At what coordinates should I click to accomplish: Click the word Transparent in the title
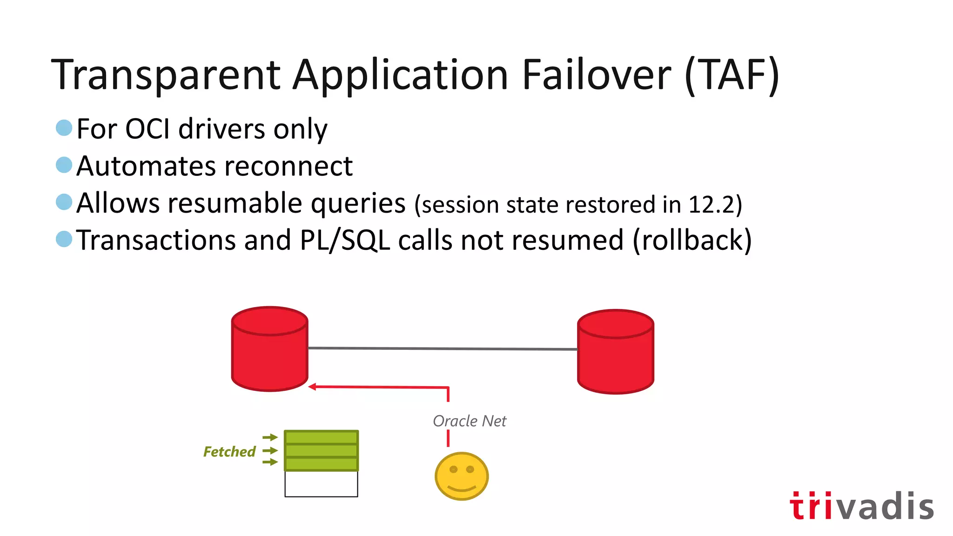click(165, 75)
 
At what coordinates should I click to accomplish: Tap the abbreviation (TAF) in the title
click(732, 75)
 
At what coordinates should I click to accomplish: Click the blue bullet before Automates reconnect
click(64, 165)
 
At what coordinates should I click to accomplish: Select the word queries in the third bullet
click(358, 204)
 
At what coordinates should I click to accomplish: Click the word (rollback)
click(692, 241)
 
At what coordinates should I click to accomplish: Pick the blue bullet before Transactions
click(64, 239)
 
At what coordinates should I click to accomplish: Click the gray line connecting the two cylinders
click(442, 348)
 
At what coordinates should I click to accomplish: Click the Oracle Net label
click(469, 421)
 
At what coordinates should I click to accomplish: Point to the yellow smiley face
click(461, 476)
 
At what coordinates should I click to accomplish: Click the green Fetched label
click(229, 452)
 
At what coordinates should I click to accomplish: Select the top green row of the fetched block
click(321, 437)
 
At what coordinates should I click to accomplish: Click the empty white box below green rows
click(321, 484)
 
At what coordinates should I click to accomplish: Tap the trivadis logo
click(861, 506)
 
